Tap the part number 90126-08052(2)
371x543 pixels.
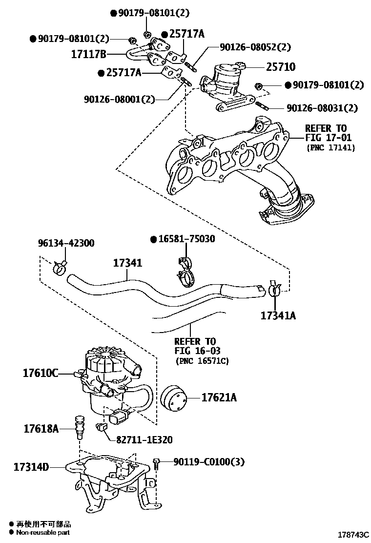255,47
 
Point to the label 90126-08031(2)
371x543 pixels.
322,107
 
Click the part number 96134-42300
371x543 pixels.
66,243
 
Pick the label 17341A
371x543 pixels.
278,315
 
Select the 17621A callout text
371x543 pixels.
219,398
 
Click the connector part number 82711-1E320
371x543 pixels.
144,439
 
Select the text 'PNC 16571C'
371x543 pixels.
202,361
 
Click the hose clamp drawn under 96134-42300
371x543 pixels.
61,267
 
